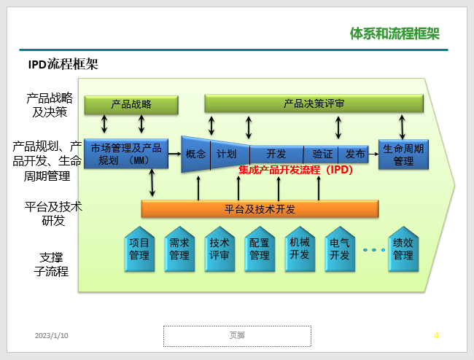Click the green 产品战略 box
tap(131, 105)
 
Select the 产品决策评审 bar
tap(314, 103)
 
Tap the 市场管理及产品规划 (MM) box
tap(126, 154)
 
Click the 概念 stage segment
tap(195, 154)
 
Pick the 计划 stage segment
tap(230, 154)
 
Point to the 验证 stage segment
tap(321, 154)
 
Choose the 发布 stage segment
tap(354, 154)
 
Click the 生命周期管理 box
tap(403, 154)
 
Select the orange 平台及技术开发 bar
tap(260, 208)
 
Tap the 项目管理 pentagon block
tap(139, 249)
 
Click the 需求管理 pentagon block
tap(179, 249)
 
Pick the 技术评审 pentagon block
tap(219, 249)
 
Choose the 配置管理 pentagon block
tap(260, 249)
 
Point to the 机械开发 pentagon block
tap(300, 249)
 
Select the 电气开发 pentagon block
tap(340, 249)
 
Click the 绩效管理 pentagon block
tap(403, 249)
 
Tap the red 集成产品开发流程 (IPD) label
tap(295, 170)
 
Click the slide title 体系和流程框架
tap(395, 34)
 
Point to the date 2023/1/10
tap(51, 335)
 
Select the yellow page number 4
tap(436, 335)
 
